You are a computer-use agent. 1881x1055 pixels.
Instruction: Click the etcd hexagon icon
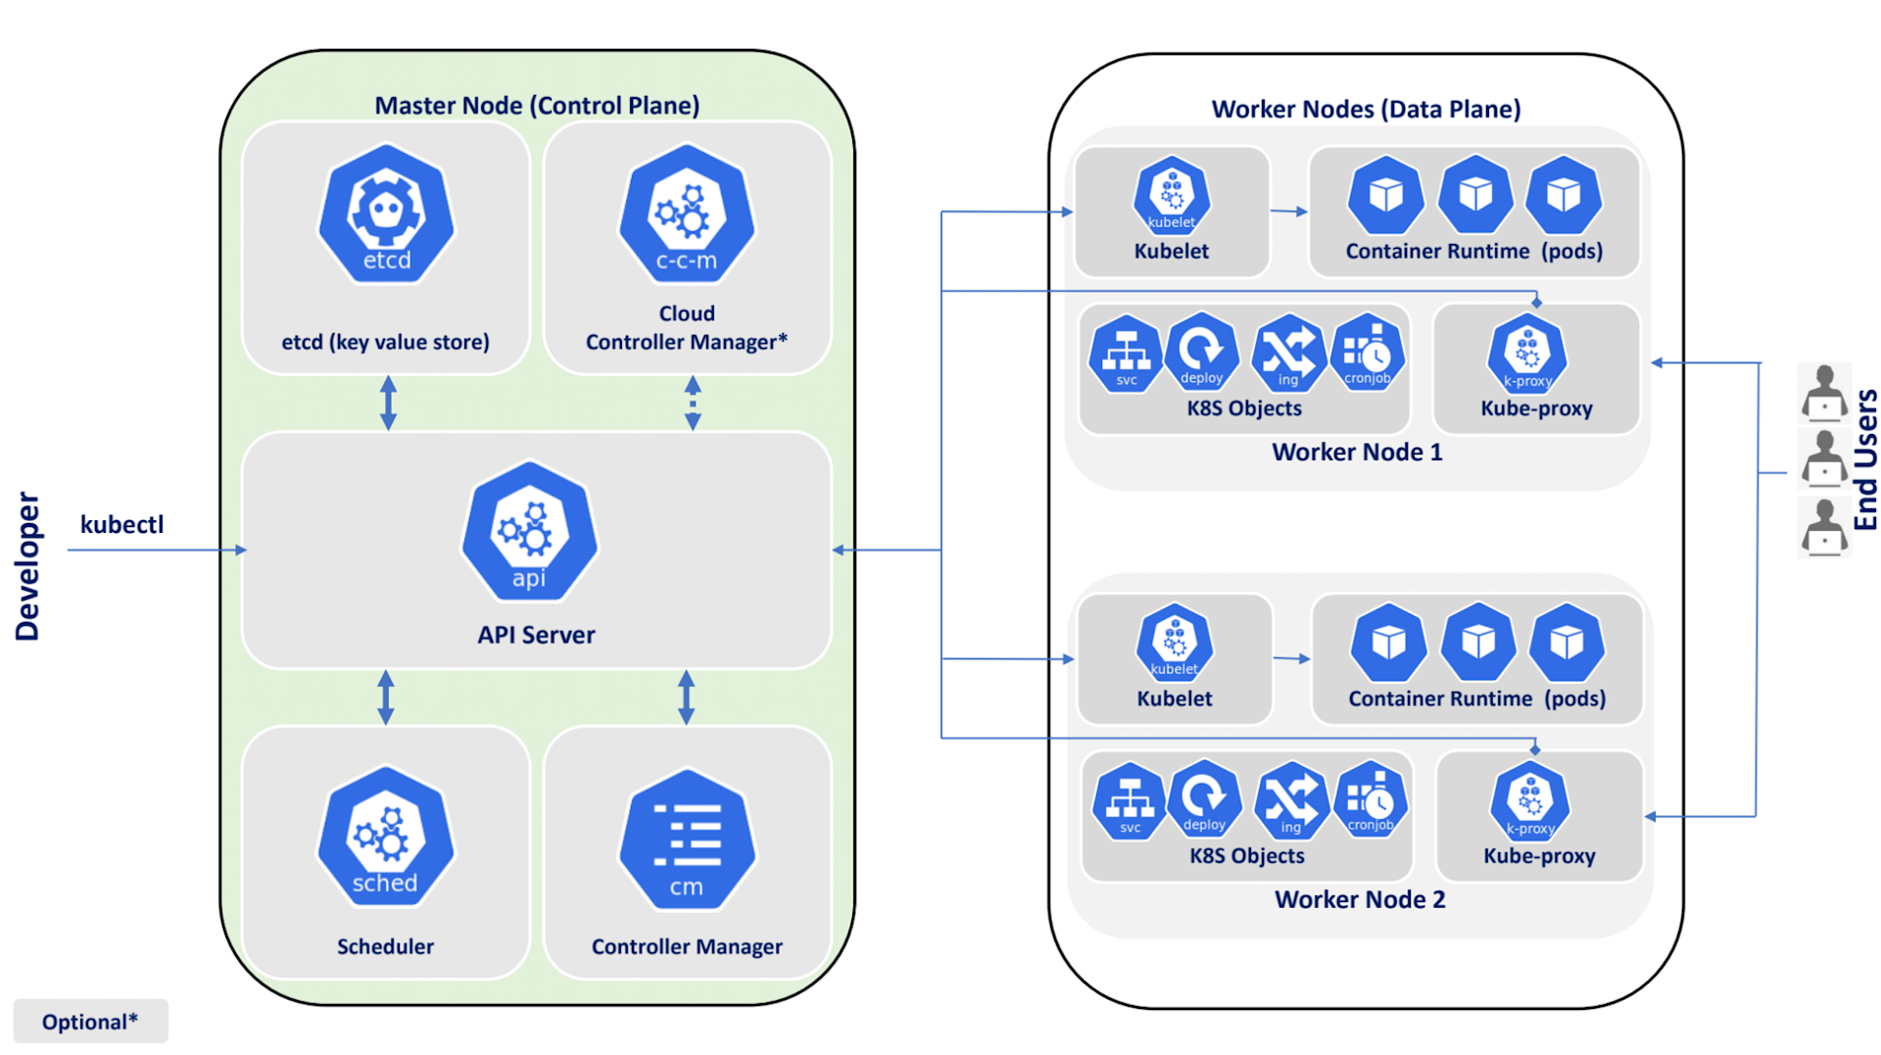(386, 215)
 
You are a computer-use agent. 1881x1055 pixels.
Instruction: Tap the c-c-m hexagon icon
(687, 215)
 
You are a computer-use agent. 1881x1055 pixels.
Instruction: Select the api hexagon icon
(529, 532)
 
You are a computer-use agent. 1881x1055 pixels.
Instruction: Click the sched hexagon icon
(385, 838)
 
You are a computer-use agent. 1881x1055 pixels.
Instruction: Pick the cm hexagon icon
(687, 840)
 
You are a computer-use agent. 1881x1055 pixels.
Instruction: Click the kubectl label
(121, 525)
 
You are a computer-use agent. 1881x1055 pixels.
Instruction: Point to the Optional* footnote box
(90, 1022)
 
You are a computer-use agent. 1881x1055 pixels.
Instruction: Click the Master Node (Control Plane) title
(537, 106)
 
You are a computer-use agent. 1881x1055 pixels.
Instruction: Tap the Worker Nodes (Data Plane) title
(1366, 110)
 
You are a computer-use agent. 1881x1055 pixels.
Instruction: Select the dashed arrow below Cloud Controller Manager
(693, 403)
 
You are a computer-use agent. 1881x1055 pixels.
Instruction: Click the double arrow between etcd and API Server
(388, 403)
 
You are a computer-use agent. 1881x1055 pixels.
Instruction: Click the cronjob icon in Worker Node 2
(1371, 799)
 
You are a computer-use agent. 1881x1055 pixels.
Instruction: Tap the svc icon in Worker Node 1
(1126, 354)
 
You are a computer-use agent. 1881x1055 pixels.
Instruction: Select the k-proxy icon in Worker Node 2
(1530, 802)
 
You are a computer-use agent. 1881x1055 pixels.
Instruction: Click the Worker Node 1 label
(1357, 453)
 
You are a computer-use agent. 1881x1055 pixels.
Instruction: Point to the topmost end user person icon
(1824, 391)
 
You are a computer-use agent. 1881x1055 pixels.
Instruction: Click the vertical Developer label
(27, 566)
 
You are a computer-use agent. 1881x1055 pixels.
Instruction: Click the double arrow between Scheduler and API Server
(386, 697)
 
